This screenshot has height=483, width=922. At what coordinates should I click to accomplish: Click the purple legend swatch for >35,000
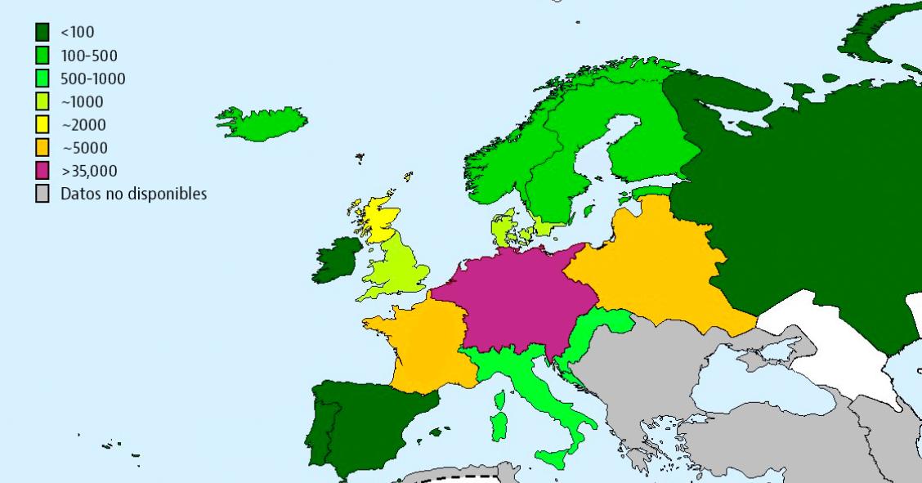[x=43, y=172]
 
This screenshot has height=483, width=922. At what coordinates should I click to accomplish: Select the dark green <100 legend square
[x=43, y=33]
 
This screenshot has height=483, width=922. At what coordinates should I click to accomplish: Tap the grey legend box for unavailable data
[x=43, y=195]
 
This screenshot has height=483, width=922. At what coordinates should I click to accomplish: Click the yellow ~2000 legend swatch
[x=43, y=125]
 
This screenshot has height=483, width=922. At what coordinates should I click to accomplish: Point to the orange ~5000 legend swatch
[x=43, y=148]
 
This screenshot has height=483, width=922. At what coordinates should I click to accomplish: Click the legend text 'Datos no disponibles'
[x=133, y=195]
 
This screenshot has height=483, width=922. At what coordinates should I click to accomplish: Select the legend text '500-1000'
[x=92, y=79]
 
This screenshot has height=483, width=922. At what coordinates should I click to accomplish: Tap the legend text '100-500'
[x=88, y=56]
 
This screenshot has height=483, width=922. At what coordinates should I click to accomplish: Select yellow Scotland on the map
[x=378, y=216]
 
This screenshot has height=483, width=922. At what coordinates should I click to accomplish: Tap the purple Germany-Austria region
[x=515, y=298]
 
